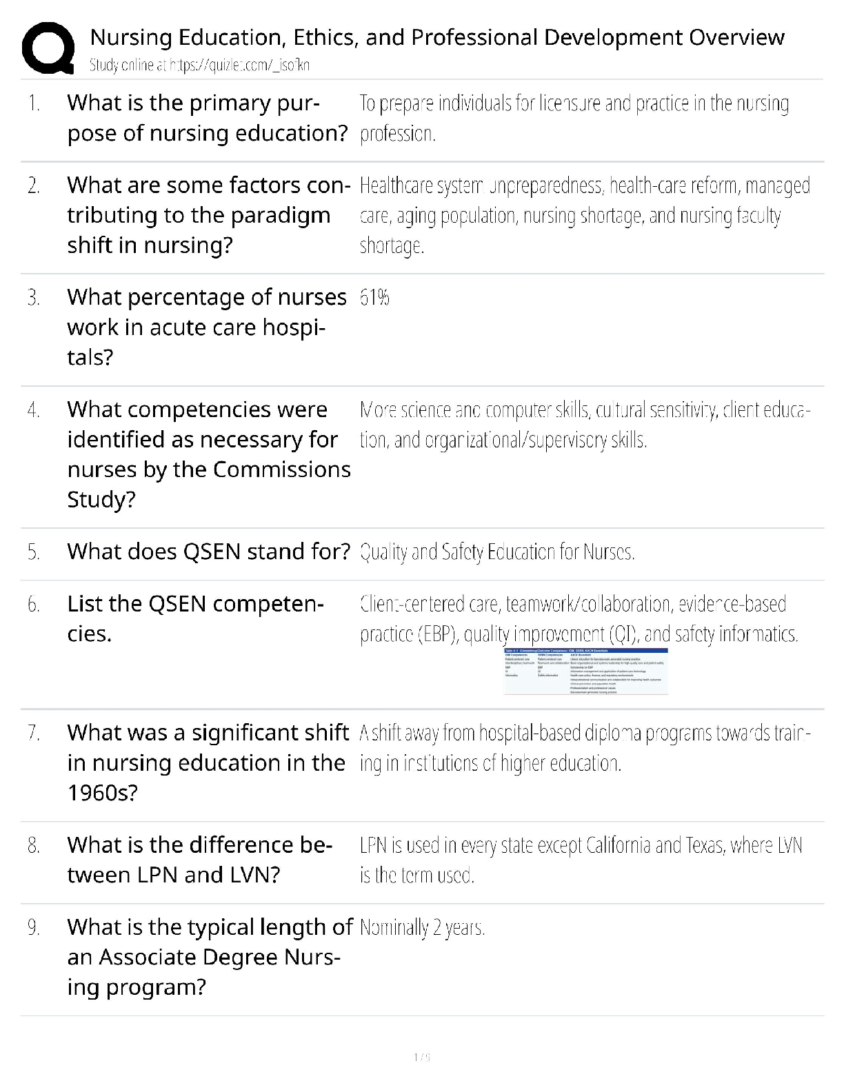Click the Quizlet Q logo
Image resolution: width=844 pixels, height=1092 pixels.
click(x=48, y=48)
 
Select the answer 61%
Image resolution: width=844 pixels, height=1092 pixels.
click(x=374, y=298)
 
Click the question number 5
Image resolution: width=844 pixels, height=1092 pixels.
click(x=34, y=552)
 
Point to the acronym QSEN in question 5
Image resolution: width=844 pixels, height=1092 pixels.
click(x=212, y=552)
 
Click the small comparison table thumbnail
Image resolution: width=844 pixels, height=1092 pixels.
click(x=585, y=671)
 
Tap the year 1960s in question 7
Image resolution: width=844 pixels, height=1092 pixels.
click(x=102, y=793)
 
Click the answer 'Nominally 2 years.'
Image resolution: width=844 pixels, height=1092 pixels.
click(x=422, y=928)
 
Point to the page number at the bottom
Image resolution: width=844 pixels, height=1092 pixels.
click(x=422, y=1057)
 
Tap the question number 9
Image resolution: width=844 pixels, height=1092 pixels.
click(x=34, y=928)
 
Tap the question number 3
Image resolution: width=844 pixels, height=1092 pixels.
click(x=34, y=298)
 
